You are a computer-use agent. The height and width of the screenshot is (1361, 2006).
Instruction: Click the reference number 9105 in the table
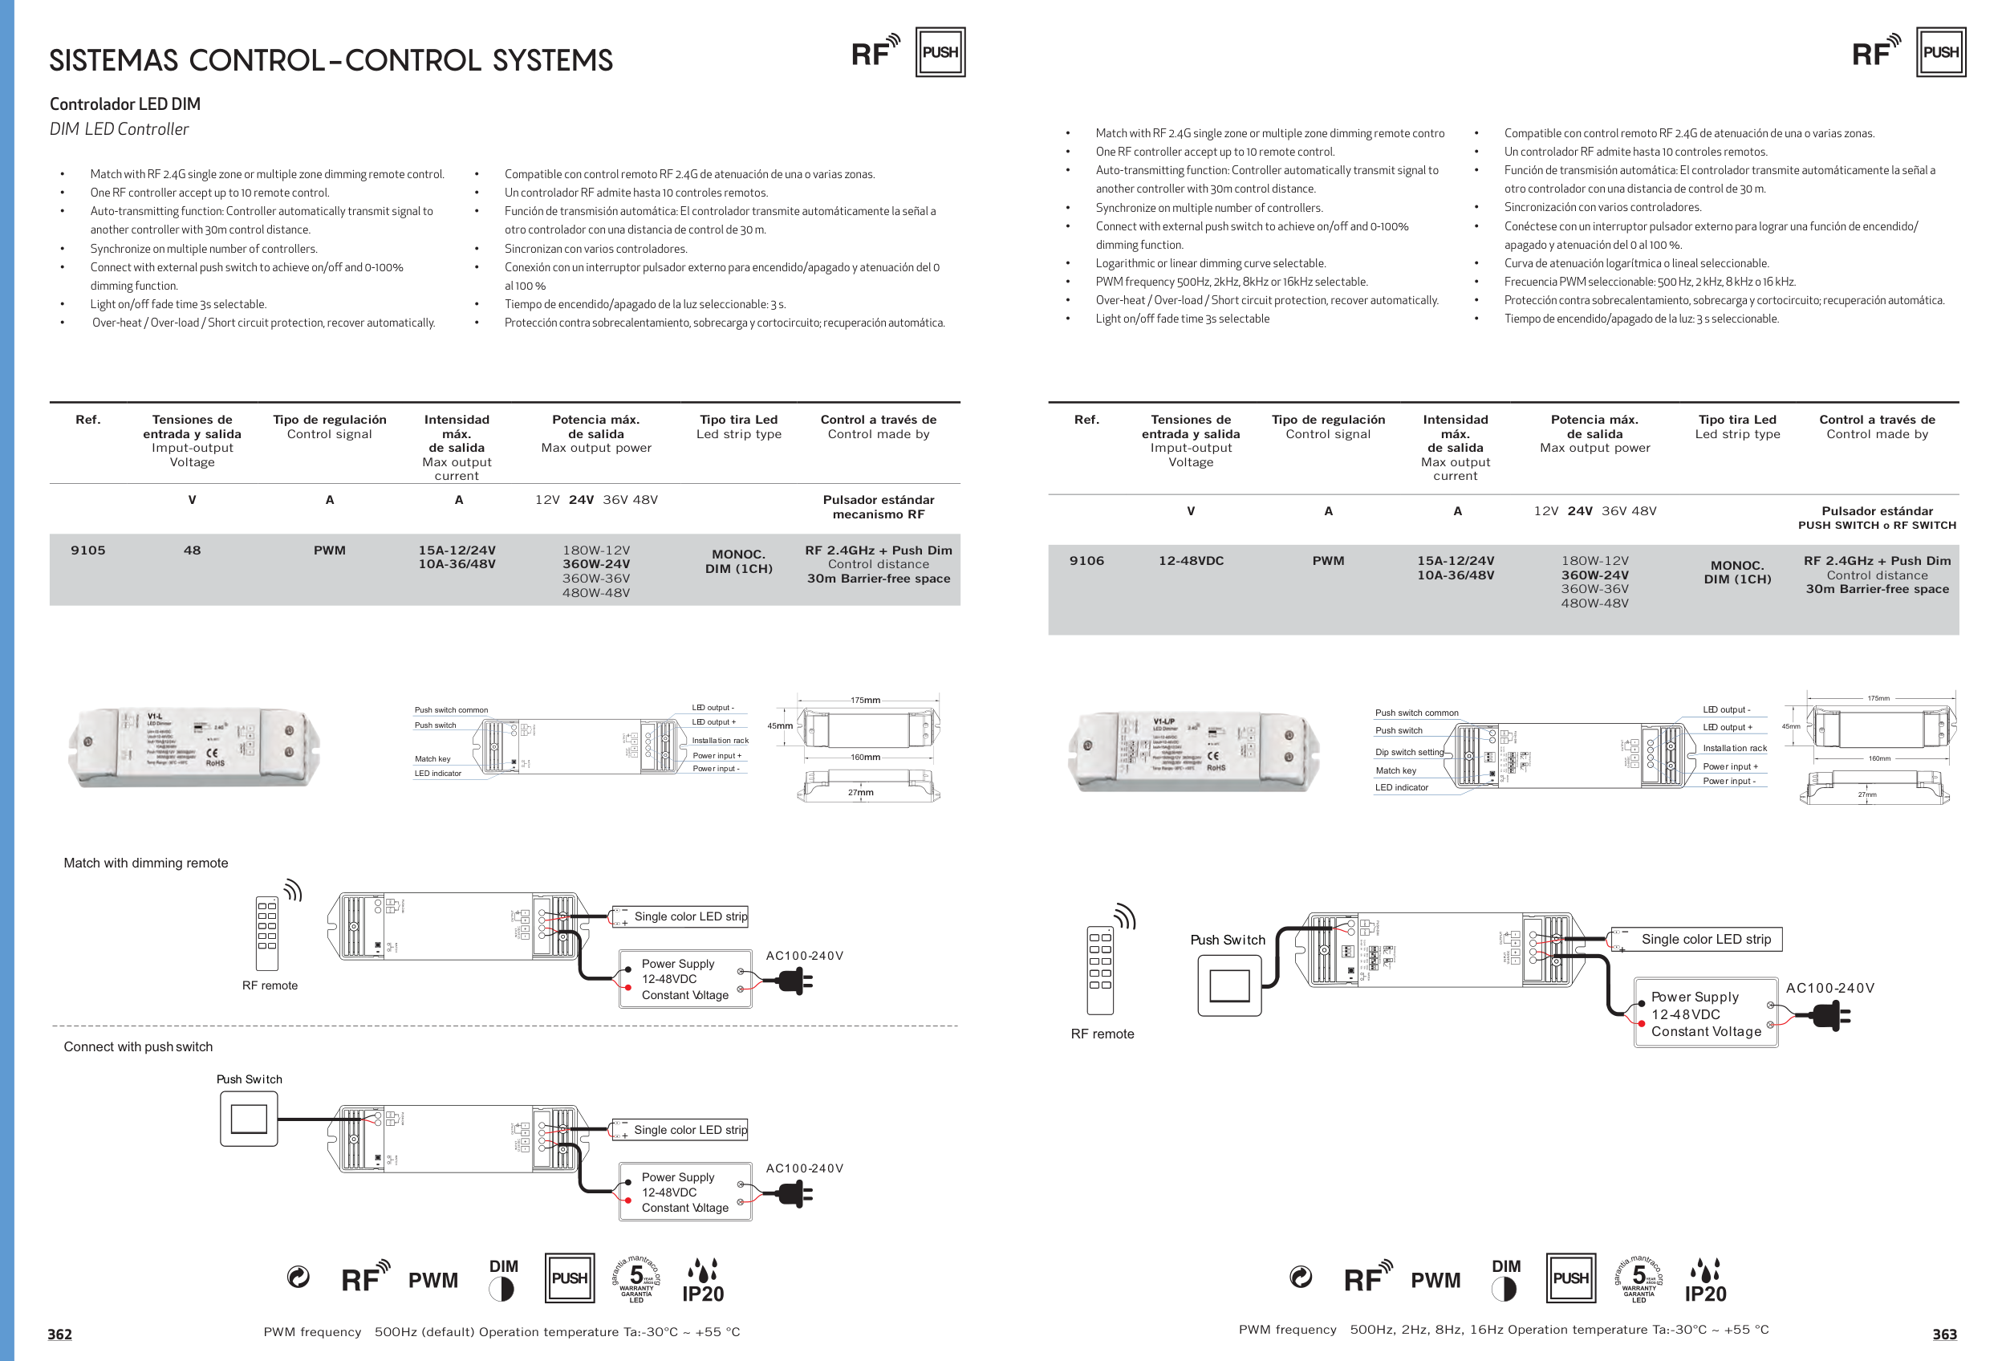click(88, 550)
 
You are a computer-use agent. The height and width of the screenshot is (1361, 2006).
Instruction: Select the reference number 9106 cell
click(1086, 561)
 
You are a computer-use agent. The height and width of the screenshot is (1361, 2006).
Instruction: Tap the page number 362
click(59, 1335)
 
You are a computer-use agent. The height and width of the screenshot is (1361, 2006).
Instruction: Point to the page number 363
click(1944, 1335)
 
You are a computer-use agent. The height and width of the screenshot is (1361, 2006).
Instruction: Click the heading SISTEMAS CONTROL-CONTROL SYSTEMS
click(331, 60)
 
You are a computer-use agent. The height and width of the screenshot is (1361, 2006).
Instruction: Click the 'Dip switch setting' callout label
click(1409, 752)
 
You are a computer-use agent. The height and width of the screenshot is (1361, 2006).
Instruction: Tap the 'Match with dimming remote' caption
click(146, 863)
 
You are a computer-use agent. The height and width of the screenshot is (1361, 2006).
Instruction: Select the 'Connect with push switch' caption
click(138, 1047)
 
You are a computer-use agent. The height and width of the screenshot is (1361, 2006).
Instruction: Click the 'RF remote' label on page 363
click(1102, 1034)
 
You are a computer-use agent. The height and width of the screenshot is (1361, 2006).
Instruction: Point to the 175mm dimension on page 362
click(865, 700)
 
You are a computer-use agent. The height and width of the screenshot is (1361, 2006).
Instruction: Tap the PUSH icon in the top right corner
click(1940, 53)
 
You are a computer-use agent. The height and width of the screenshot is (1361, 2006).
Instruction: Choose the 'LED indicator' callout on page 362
click(437, 774)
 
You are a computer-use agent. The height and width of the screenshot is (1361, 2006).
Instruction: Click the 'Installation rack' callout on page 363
click(1734, 748)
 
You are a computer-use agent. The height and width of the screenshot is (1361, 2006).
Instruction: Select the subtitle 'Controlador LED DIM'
click(125, 104)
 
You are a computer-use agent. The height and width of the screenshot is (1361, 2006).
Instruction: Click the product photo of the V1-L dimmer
click(194, 747)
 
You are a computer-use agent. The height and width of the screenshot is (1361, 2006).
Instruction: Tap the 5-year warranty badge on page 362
click(636, 1279)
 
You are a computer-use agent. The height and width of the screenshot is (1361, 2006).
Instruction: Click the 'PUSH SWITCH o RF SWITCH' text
click(1877, 526)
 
